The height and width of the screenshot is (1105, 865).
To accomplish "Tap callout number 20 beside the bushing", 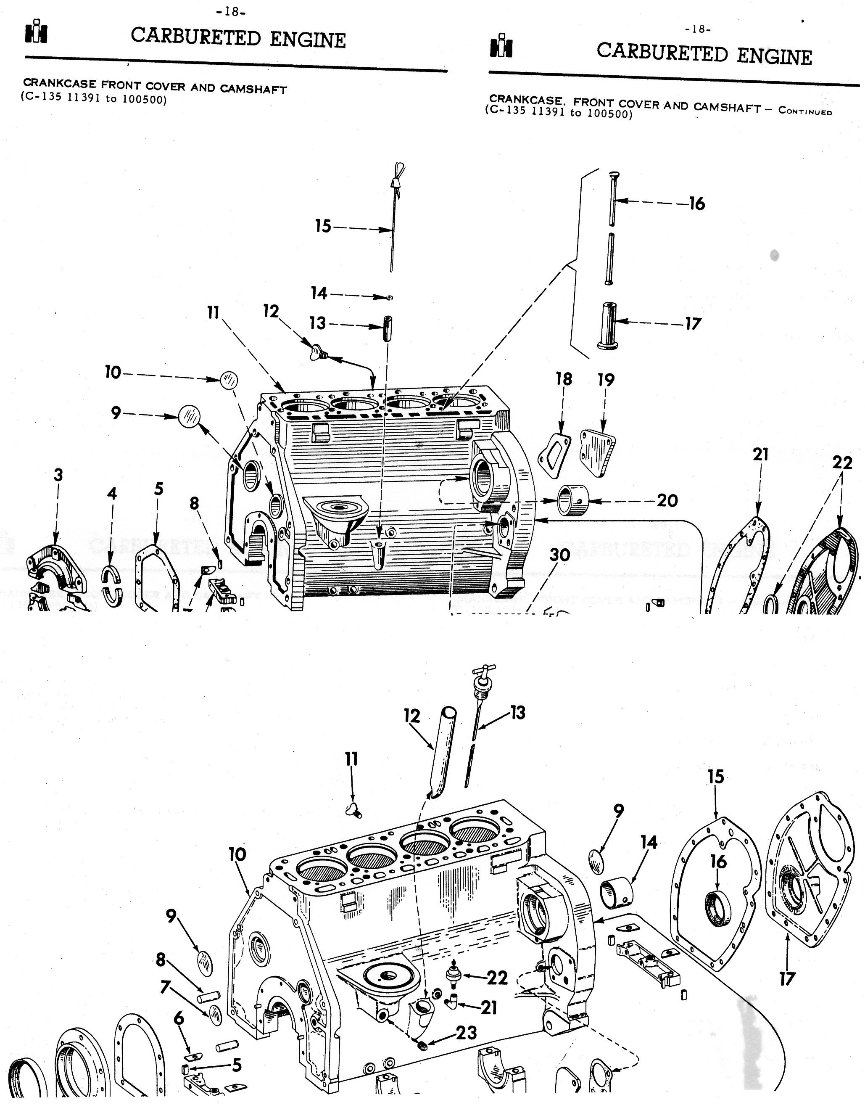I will point(667,500).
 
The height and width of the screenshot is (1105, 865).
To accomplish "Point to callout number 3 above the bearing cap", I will point(58,475).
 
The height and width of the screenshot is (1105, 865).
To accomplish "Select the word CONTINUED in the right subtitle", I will point(805,111).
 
